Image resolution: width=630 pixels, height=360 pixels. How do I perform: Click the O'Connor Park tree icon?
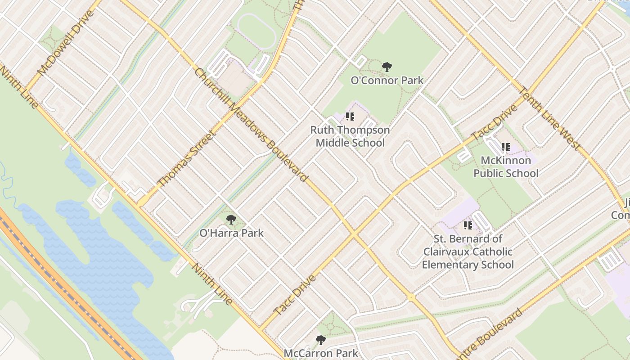pos(387,67)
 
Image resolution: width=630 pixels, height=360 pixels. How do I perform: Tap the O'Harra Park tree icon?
pos(231,220)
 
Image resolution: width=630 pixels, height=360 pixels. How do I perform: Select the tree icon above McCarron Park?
pos(320,340)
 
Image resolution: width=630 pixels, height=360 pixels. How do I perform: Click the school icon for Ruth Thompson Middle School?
pos(350,117)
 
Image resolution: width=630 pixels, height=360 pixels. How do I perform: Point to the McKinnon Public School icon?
pos(505,147)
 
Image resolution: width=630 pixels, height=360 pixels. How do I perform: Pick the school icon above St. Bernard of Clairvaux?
pos(468,225)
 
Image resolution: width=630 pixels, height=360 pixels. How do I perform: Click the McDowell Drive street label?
pos(66,43)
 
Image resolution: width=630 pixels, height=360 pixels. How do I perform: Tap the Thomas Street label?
pos(185,159)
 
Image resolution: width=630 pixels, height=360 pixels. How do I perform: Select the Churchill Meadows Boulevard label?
pos(251,125)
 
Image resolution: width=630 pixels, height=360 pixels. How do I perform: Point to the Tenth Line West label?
pos(549,117)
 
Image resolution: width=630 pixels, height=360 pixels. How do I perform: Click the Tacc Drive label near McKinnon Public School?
pos(494,123)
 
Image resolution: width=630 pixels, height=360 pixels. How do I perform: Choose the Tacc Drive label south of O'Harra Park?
pos(295,295)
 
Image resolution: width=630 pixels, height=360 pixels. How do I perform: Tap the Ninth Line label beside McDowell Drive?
pos(19,88)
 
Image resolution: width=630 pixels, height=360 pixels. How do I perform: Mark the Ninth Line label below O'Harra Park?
pos(212,283)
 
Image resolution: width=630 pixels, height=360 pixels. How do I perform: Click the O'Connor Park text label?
pos(387,81)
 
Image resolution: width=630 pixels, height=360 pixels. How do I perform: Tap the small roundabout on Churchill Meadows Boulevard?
pos(411,297)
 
